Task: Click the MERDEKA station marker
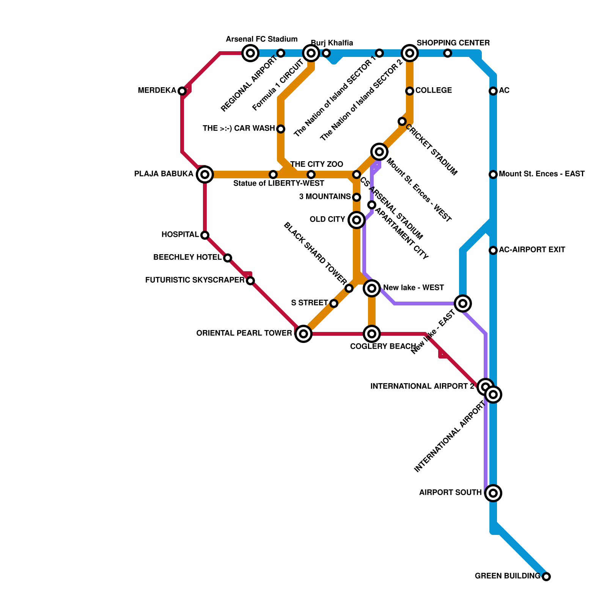[182, 91]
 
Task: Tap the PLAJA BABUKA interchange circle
[205, 175]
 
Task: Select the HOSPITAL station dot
[205, 235]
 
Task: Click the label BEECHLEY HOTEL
[187, 258]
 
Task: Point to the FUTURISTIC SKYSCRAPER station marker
[250, 281]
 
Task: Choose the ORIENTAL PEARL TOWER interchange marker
[303, 334]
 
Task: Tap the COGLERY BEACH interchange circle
[372, 334]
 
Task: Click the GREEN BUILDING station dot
[546, 577]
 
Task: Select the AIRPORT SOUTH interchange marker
[493, 493]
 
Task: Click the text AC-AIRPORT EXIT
[532, 250]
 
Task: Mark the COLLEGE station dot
[410, 91]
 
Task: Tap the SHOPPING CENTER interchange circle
[410, 53]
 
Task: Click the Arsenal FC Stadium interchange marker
[250, 53]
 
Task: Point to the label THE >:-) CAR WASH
[239, 129]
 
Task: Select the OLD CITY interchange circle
[357, 220]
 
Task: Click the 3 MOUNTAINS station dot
[357, 197]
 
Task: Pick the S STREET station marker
[334, 303]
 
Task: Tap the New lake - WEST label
[414, 288]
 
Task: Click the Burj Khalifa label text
[332, 43]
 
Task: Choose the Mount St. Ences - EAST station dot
[493, 175]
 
